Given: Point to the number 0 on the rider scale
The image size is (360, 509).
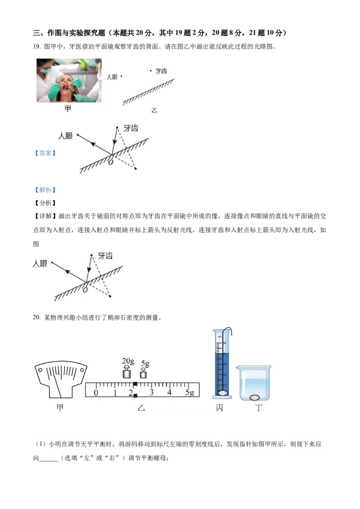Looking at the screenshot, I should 95,393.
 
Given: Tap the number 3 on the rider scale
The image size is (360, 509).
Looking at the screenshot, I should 151,393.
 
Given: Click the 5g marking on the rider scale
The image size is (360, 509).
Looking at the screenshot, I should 190,393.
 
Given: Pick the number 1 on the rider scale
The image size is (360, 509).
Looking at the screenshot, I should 115,393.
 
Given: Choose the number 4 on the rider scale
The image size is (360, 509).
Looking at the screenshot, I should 170,393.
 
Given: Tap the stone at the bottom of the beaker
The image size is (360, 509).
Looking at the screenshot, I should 255,397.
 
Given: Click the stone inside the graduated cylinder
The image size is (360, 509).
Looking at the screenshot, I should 222,393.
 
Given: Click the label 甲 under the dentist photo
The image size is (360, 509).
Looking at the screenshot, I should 68,109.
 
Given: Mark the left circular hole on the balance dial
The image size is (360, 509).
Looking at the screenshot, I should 40,371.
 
